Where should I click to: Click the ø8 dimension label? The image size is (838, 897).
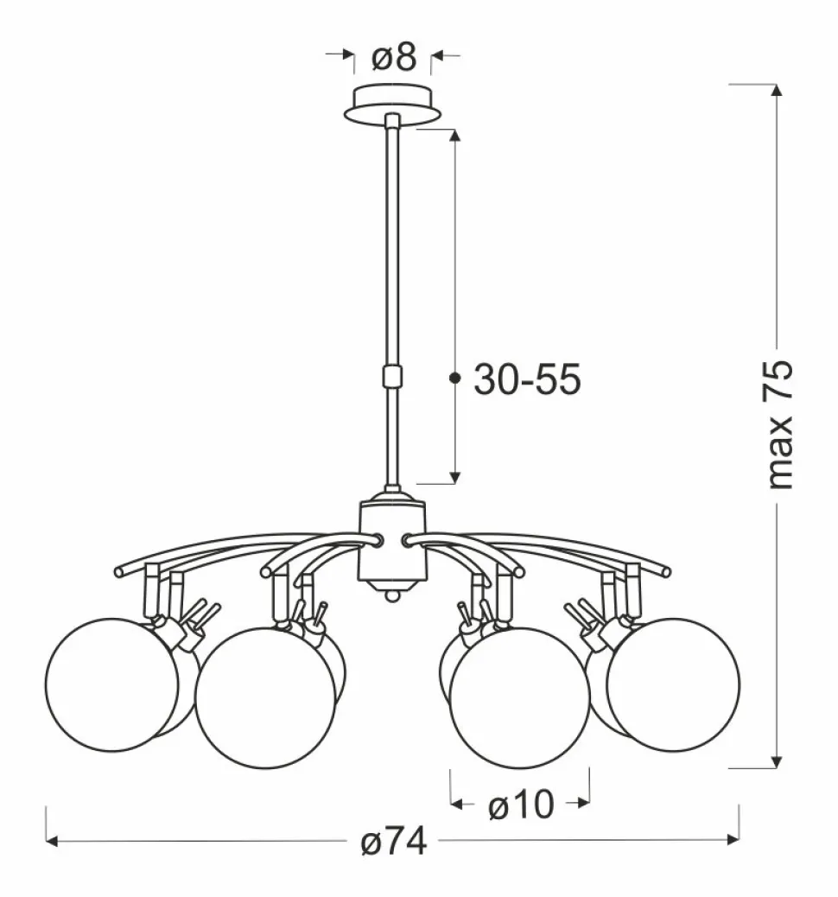(x=394, y=58)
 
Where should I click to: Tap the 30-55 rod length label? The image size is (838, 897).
(x=527, y=379)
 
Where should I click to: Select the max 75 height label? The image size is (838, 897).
(x=779, y=424)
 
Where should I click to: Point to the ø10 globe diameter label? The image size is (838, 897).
(x=521, y=805)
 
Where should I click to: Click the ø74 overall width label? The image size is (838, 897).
(x=394, y=842)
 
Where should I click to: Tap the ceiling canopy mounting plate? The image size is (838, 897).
(x=392, y=105)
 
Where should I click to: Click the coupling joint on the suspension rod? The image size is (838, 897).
(x=392, y=377)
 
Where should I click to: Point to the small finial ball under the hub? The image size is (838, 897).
(x=392, y=595)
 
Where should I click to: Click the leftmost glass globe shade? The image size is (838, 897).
(x=112, y=684)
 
